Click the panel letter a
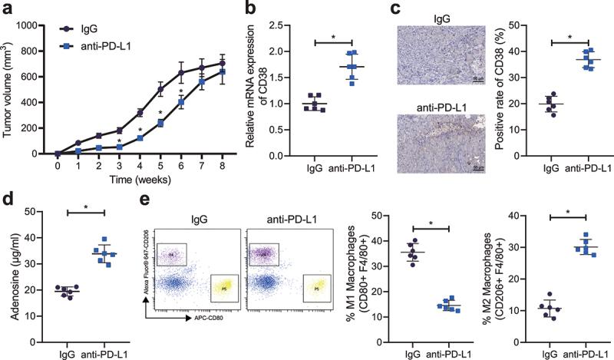pyautogui.click(x=8, y=8)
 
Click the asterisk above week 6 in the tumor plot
pyautogui.click(x=181, y=93)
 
